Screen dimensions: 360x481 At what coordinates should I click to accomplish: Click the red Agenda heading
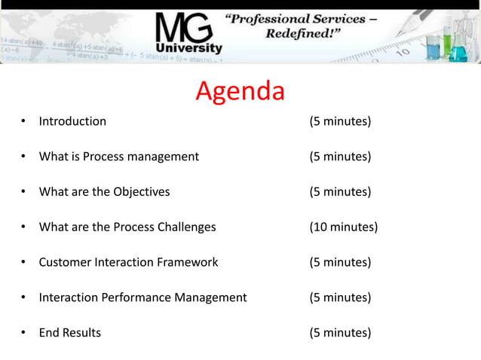[x=240, y=91]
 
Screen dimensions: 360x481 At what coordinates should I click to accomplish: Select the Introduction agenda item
[x=72, y=121]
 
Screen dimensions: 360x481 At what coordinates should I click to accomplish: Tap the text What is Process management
[x=119, y=157]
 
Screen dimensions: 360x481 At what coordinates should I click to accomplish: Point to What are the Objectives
[x=104, y=192]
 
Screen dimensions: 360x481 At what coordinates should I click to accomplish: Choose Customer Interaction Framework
[x=128, y=262]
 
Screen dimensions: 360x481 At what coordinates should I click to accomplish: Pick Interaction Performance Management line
[x=142, y=297]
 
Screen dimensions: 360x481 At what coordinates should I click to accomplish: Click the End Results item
[x=69, y=333]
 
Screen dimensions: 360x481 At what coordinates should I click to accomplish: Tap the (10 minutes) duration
[x=344, y=227]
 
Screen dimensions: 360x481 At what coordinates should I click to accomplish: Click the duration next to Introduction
[x=340, y=121]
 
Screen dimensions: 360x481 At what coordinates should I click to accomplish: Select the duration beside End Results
[x=340, y=333]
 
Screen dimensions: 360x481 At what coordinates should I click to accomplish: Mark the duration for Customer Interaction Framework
[x=340, y=262]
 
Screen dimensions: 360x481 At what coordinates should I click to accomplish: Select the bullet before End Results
[x=23, y=333]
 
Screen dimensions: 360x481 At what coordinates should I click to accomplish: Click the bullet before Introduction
[x=23, y=121]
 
